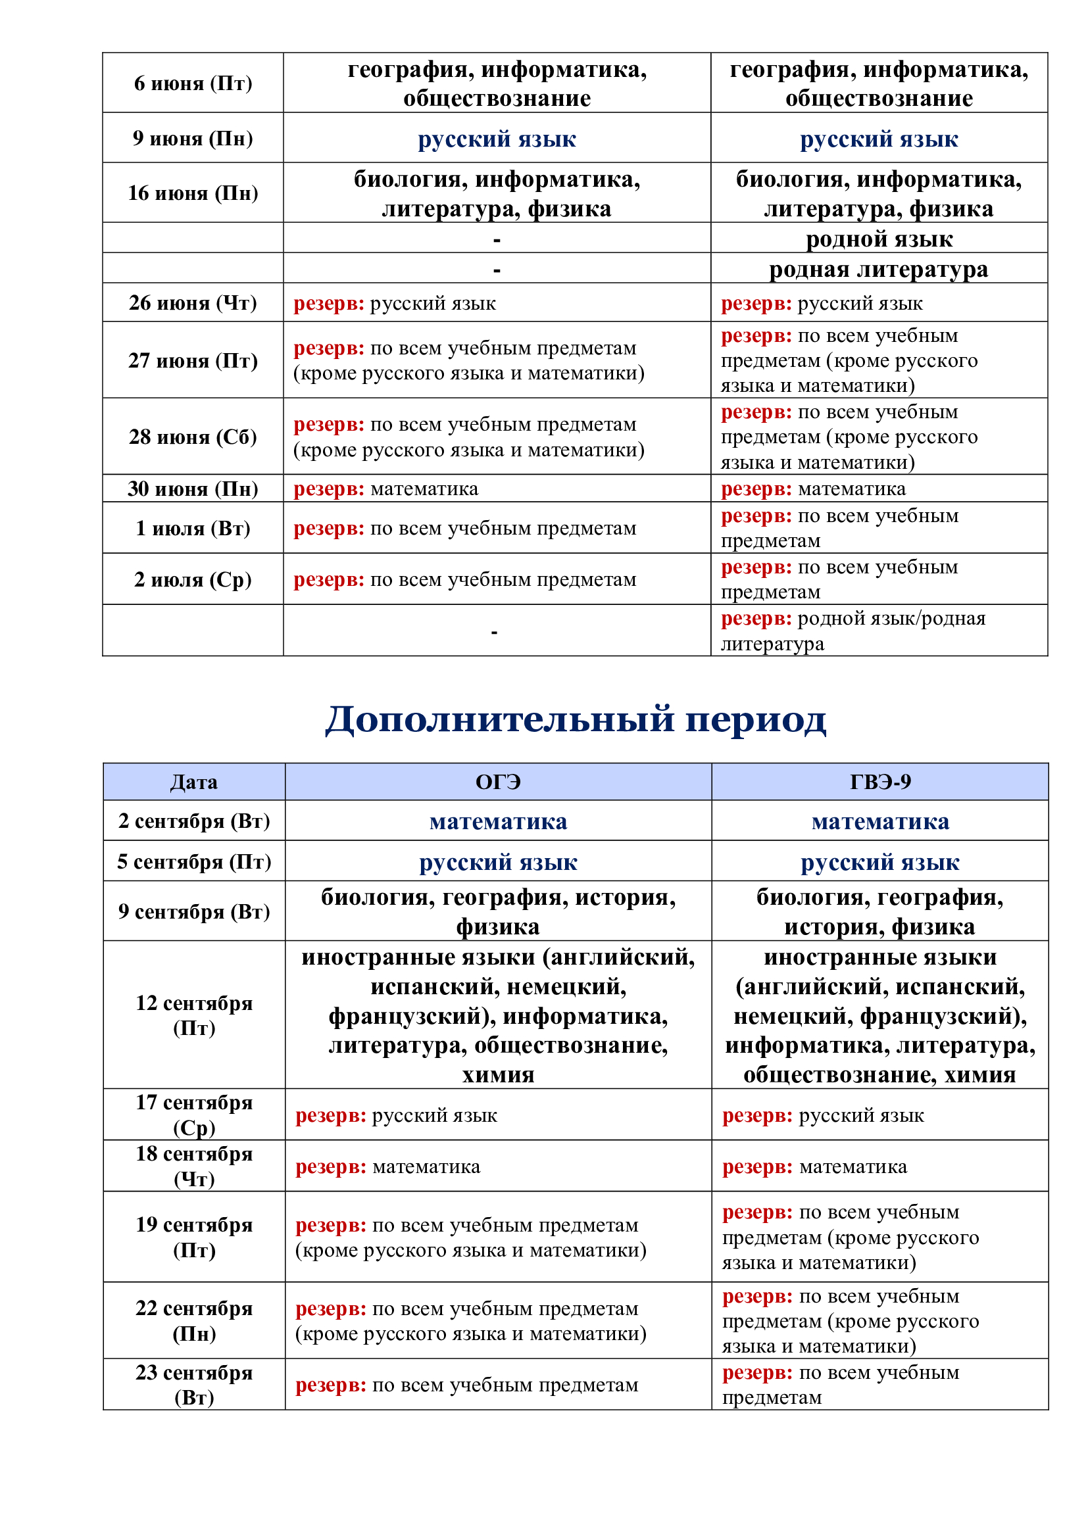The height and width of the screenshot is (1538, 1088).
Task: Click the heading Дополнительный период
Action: tap(575, 719)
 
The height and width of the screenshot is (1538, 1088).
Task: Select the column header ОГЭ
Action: tap(498, 782)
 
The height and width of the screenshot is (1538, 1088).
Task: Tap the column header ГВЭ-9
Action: tap(879, 782)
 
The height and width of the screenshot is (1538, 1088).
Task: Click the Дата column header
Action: tap(193, 782)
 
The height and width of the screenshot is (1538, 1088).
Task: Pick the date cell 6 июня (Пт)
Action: tap(193, 83)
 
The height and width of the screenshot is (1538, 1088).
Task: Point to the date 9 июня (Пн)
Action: tap(193, 138)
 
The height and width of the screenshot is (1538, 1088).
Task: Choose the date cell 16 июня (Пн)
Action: tap(193, 193)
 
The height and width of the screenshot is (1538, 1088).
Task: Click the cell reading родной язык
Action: tap(879, 239)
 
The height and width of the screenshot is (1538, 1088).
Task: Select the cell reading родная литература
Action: tap(878, 269)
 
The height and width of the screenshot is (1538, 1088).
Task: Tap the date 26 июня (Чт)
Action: tap(193, 302)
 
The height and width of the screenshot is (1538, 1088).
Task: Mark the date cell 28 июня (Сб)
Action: tap(193, 437)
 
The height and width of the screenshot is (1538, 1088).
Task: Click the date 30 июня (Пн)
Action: tap(193, 489)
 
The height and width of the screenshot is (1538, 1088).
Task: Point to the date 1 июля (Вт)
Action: tap(193, 528)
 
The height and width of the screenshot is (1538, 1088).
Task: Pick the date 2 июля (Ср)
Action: tap(193, 579)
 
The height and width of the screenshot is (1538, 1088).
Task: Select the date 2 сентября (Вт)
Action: tap(194, 821)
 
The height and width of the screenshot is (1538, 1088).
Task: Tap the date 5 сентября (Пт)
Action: tap(194, 861)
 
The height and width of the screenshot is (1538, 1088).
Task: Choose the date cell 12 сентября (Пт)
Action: tap(194, 1015)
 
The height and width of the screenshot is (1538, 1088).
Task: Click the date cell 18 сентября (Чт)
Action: tap(194, 1166)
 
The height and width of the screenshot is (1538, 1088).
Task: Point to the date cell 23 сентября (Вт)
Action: tap(194, 1385)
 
